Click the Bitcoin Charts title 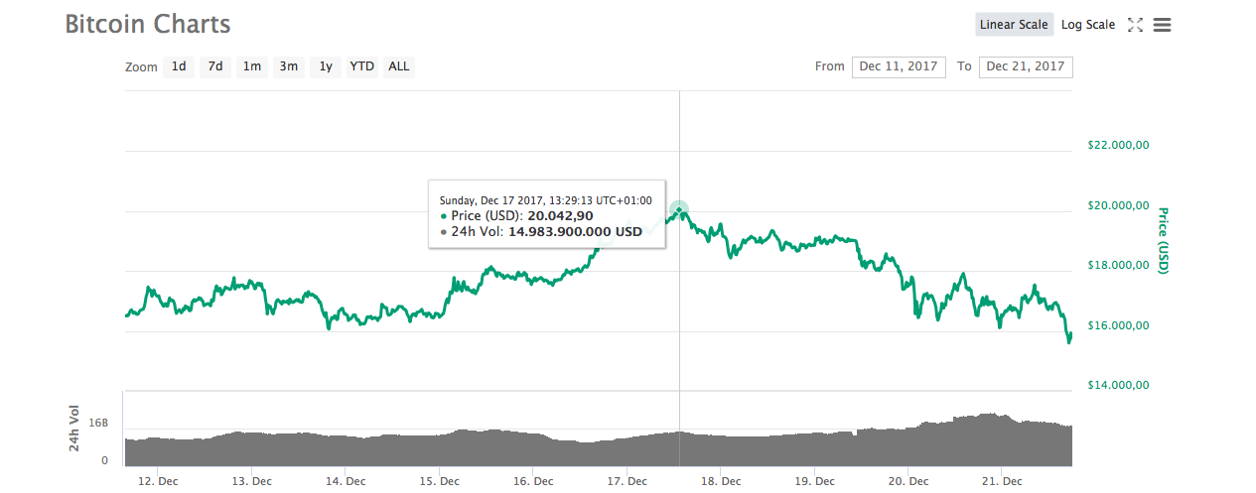pos(148,25)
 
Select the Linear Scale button pos(1014,25)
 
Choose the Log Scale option pos(1087,25)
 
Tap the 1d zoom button pos(179,66)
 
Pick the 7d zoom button pos(215,66)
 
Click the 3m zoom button pos(288,66)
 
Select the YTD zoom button pos(361,66)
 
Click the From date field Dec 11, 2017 pos(898,66)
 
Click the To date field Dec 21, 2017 pos(1025,66)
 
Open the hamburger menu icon pos(1162,25)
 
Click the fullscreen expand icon pos(1136,25)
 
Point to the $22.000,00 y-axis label pos(1118,145)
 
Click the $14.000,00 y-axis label pos(1118,385)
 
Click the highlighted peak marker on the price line pos(679,210)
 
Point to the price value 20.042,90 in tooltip pos(560,216)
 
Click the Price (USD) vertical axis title pos(1164,241)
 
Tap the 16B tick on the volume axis pos(98,423)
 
